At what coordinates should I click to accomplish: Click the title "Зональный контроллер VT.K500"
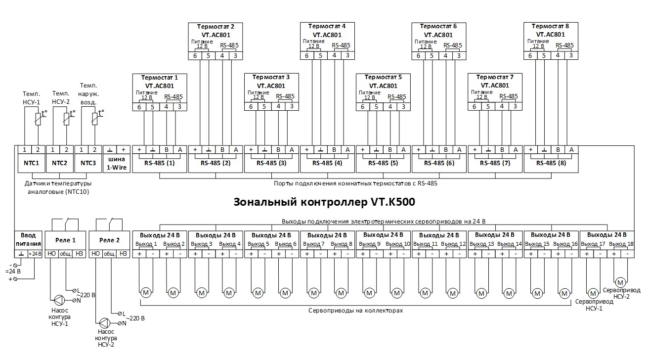[x=324, y=202]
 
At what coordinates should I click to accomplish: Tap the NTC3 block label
[x=87, y=162]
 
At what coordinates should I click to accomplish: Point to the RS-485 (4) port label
[x=328, y=163]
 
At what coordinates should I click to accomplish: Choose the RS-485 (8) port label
[x=551, y=163]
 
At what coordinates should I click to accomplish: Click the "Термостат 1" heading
[x=159, y=77]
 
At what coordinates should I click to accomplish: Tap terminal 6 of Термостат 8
[x=530, y=55]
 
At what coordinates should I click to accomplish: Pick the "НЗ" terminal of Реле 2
[x=124, y=253]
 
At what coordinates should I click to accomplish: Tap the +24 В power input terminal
[x=35, y=253]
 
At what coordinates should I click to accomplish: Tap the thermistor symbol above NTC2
[x=67, y=119]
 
